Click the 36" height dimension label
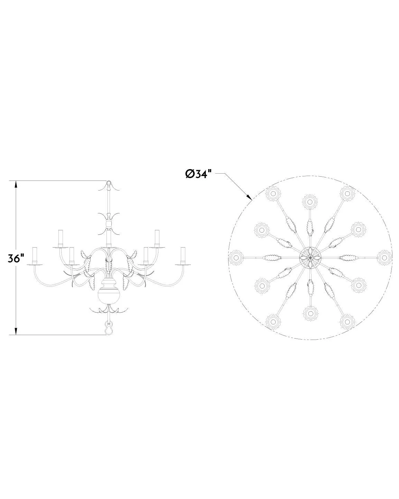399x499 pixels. pos(16,258)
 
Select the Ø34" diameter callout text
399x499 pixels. pos(198,174)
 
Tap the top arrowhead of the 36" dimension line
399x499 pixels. pos(16,184)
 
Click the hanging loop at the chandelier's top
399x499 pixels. pos(109,183)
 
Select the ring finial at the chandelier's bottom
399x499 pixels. pos(109,329)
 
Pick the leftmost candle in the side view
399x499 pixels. pos(35,255)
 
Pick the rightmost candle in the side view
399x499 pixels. pos(183,255)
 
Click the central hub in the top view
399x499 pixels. pos(310,258)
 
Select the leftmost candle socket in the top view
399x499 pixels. pos(236,258)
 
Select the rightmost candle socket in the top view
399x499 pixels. pos(384,258)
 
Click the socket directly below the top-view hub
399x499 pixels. pos(310,314)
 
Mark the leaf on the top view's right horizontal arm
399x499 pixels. pos(348,258)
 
